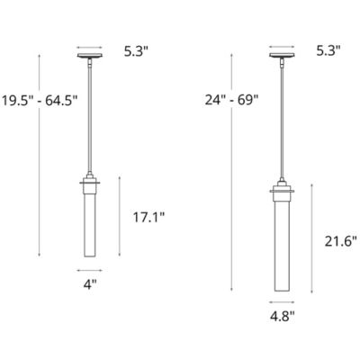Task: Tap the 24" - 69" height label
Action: (x=232, y=101)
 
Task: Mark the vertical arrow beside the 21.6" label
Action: (x=311, y=238)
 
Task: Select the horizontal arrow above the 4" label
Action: (x=88, y=270)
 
